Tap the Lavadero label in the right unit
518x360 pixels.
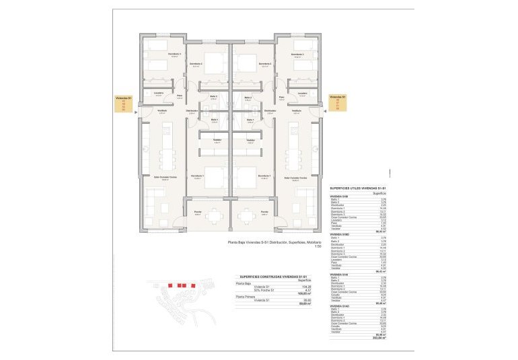coord(302,93)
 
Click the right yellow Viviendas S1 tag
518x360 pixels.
coord(342,103)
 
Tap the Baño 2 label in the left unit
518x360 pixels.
coord(212,98)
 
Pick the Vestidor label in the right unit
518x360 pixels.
coord(250,140)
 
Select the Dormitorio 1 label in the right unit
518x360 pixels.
coord(264,176)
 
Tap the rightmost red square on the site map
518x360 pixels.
coord(193,285)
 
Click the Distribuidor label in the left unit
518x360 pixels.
coord(192,111)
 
